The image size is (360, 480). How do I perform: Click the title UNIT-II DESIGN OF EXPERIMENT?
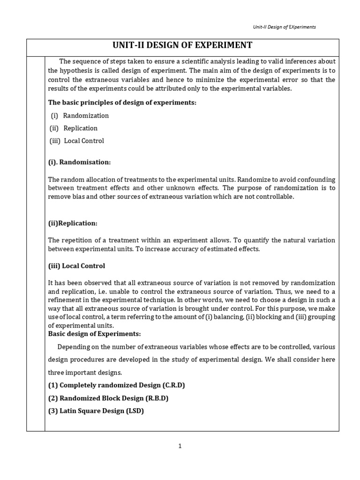click(x=182, y=45)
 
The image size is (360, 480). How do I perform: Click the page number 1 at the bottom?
click(x=180, y=446)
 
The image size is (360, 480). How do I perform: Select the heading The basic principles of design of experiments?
click(x=122, y=103)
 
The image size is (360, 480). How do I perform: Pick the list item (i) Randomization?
click(x=80, y=115)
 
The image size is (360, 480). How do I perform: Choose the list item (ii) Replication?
click(x=74, y=128)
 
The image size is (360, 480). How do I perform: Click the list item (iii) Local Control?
click(x=77, y=141)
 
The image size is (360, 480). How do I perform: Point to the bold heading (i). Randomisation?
click(x=79, y=162)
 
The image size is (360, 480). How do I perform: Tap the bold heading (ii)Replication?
click(x=73, y=223)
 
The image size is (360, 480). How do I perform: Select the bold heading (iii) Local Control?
click(x=76, y=266)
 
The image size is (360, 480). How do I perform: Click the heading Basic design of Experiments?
click(x=95, y=334)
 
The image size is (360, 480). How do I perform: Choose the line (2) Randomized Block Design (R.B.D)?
click(x=108, y=398)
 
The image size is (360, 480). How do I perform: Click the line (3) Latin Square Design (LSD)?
click(x=96, y=411)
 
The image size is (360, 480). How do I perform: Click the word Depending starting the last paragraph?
click(x=73, y=347)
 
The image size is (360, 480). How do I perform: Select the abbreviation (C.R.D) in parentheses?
click(x=174, y=385)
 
